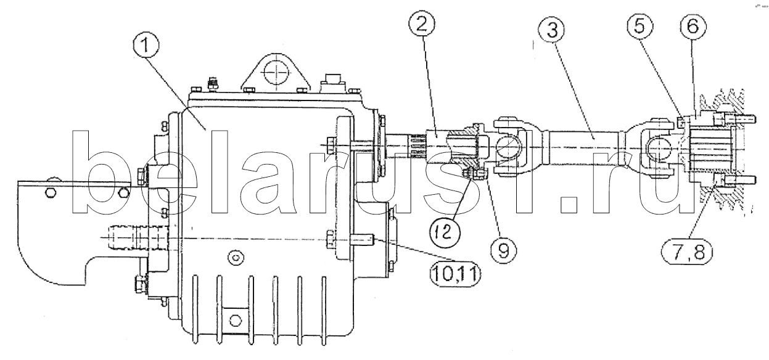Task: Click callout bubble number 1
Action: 146,46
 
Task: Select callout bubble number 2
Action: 422,21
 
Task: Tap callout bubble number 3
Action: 552,29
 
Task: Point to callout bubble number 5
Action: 640,26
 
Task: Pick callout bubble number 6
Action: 693,26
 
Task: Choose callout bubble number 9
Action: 503,251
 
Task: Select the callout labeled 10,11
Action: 456,274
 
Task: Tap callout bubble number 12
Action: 446,232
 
